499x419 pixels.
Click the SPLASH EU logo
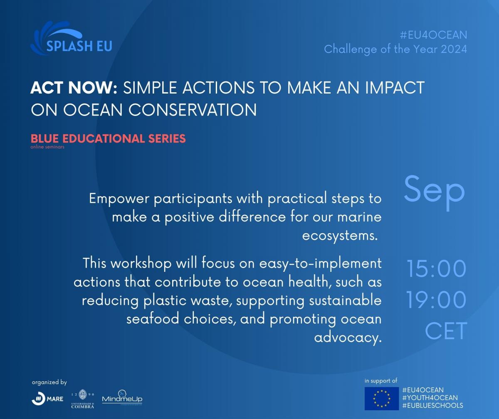tap(71, 38)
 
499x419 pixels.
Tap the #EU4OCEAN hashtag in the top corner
tap(433, 35)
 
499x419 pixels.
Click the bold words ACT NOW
tap(74, 88)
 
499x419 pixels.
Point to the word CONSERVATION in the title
tap(193, 110)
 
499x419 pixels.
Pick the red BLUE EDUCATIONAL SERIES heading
tap(108, 138)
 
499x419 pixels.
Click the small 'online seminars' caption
tap(47, 147)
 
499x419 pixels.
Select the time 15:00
tap(436, 269)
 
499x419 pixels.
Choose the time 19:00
tap(436, 300)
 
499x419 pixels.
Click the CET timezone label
tap(446, 331)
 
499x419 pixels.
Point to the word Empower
tap(119, 199)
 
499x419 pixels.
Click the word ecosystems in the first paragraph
tap(339, 236)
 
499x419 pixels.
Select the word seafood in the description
tap(153, 319)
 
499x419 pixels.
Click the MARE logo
tap(47, 399)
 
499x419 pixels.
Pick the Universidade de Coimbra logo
tap(83, 399)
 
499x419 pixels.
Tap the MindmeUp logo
tap(122, 398)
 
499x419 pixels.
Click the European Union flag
tap(382, 399)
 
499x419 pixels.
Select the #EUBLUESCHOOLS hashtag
tap(433, 405)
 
